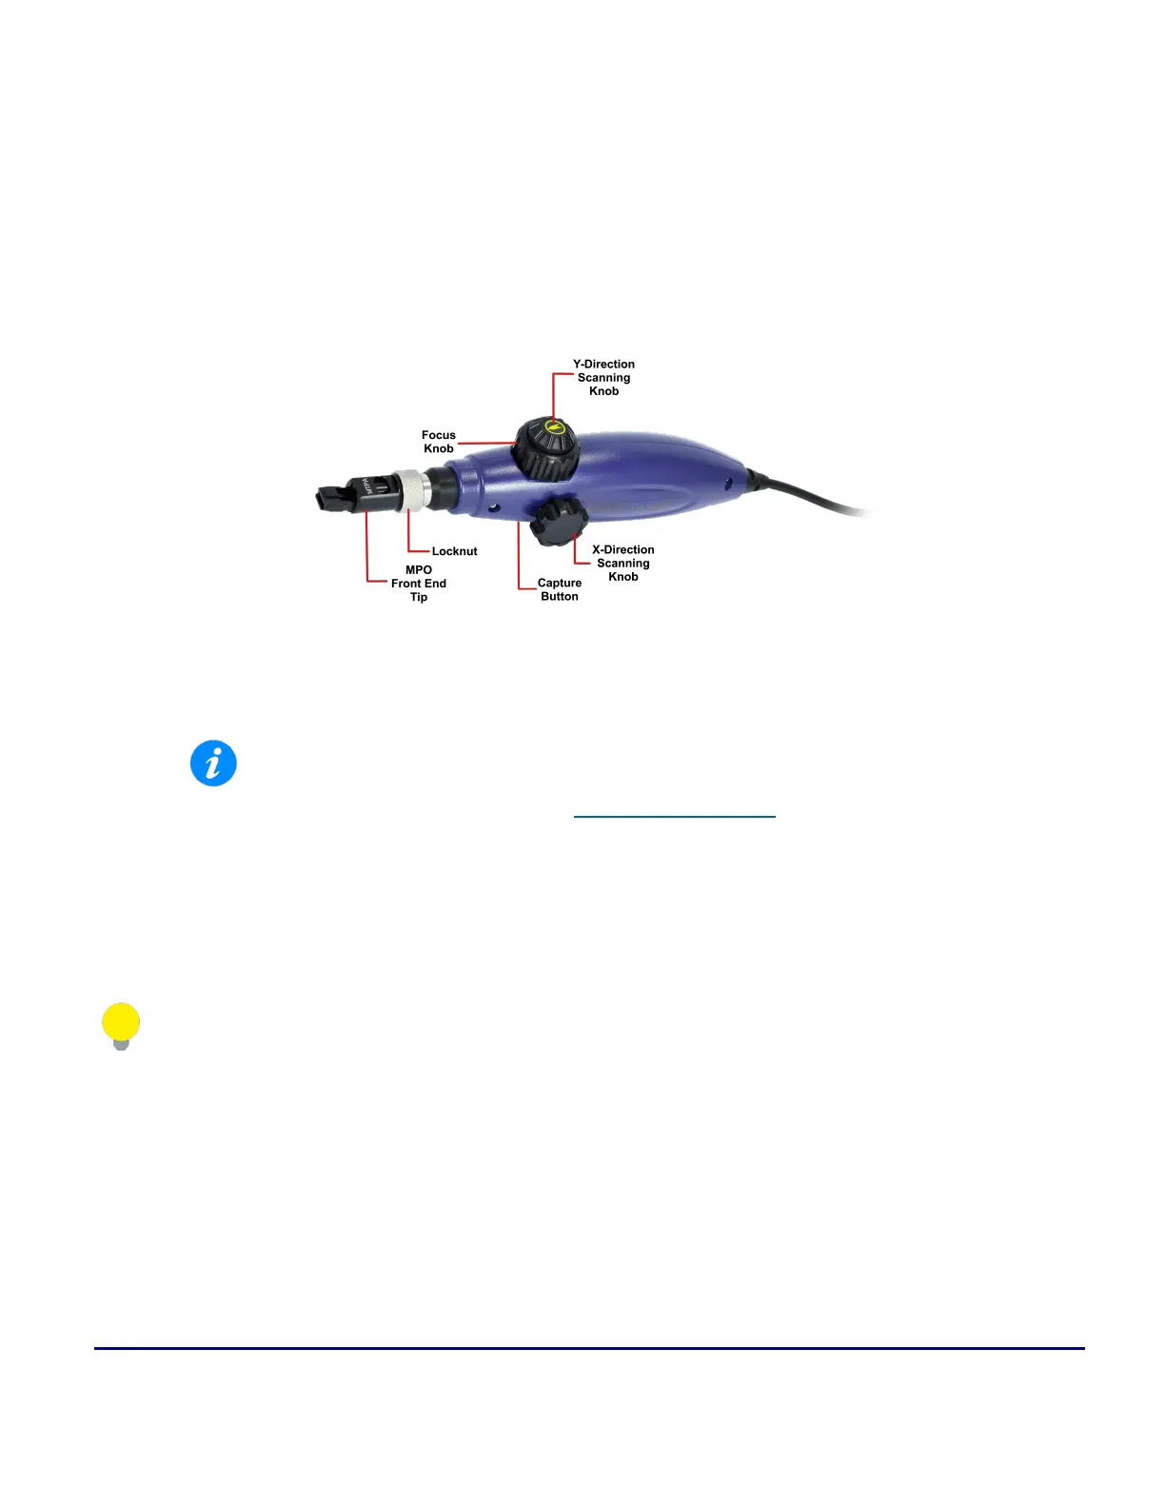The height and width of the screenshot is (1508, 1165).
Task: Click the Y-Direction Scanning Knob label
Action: coord(603,378)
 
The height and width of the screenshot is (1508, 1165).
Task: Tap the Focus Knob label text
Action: coord(439,442)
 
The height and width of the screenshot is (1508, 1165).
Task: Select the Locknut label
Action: coord(454,551)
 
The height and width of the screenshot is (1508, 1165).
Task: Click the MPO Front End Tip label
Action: coord(419,584)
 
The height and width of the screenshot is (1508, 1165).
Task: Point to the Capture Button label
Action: coord(560,589)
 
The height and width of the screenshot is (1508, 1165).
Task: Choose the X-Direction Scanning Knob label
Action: coord(623,563)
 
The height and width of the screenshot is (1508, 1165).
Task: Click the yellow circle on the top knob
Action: coord(555,427)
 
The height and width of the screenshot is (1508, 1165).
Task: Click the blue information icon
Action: coord(213,764)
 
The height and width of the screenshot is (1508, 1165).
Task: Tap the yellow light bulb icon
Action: coord(121,1025)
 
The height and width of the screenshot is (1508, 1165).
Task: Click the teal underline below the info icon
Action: coord(675,817)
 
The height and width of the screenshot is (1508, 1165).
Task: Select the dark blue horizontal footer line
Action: coord(589,1348)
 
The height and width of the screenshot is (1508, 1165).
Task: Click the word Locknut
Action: coord(454,551)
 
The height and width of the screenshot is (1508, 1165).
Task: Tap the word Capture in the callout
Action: coord(560,583)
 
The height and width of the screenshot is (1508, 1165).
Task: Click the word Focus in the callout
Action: coord(439,435)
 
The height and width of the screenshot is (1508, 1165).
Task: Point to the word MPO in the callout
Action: coord(419,570)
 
